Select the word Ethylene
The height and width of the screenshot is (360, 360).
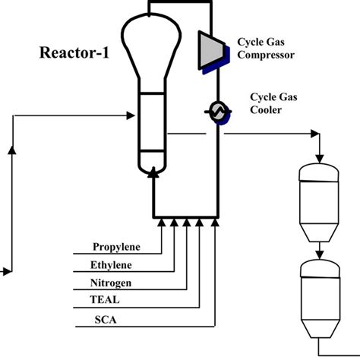(112, 264)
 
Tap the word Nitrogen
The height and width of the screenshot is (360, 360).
(112, 283)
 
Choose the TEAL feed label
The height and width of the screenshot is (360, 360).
(106, 300)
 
